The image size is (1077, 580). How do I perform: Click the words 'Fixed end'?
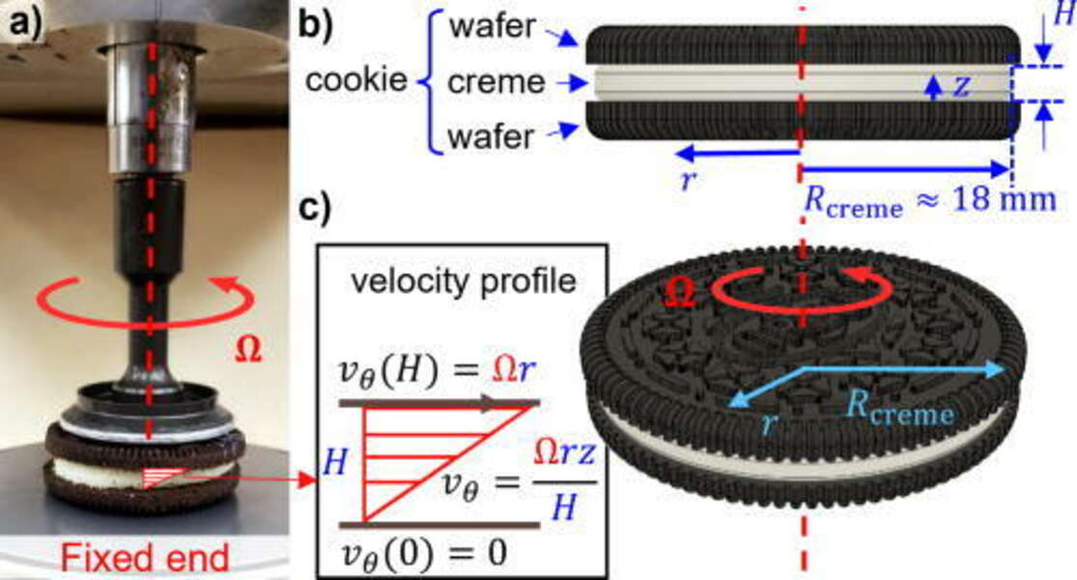point(146,557)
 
